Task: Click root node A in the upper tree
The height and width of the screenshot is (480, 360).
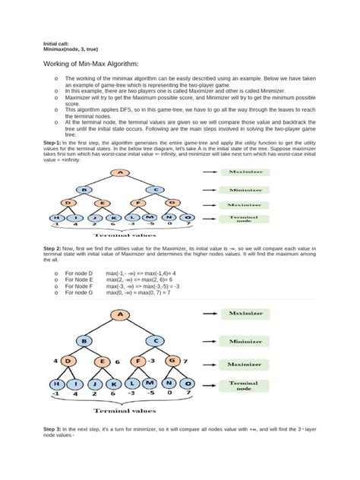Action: click(119, 173)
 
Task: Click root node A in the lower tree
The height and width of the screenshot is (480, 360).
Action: click(119, 313)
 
